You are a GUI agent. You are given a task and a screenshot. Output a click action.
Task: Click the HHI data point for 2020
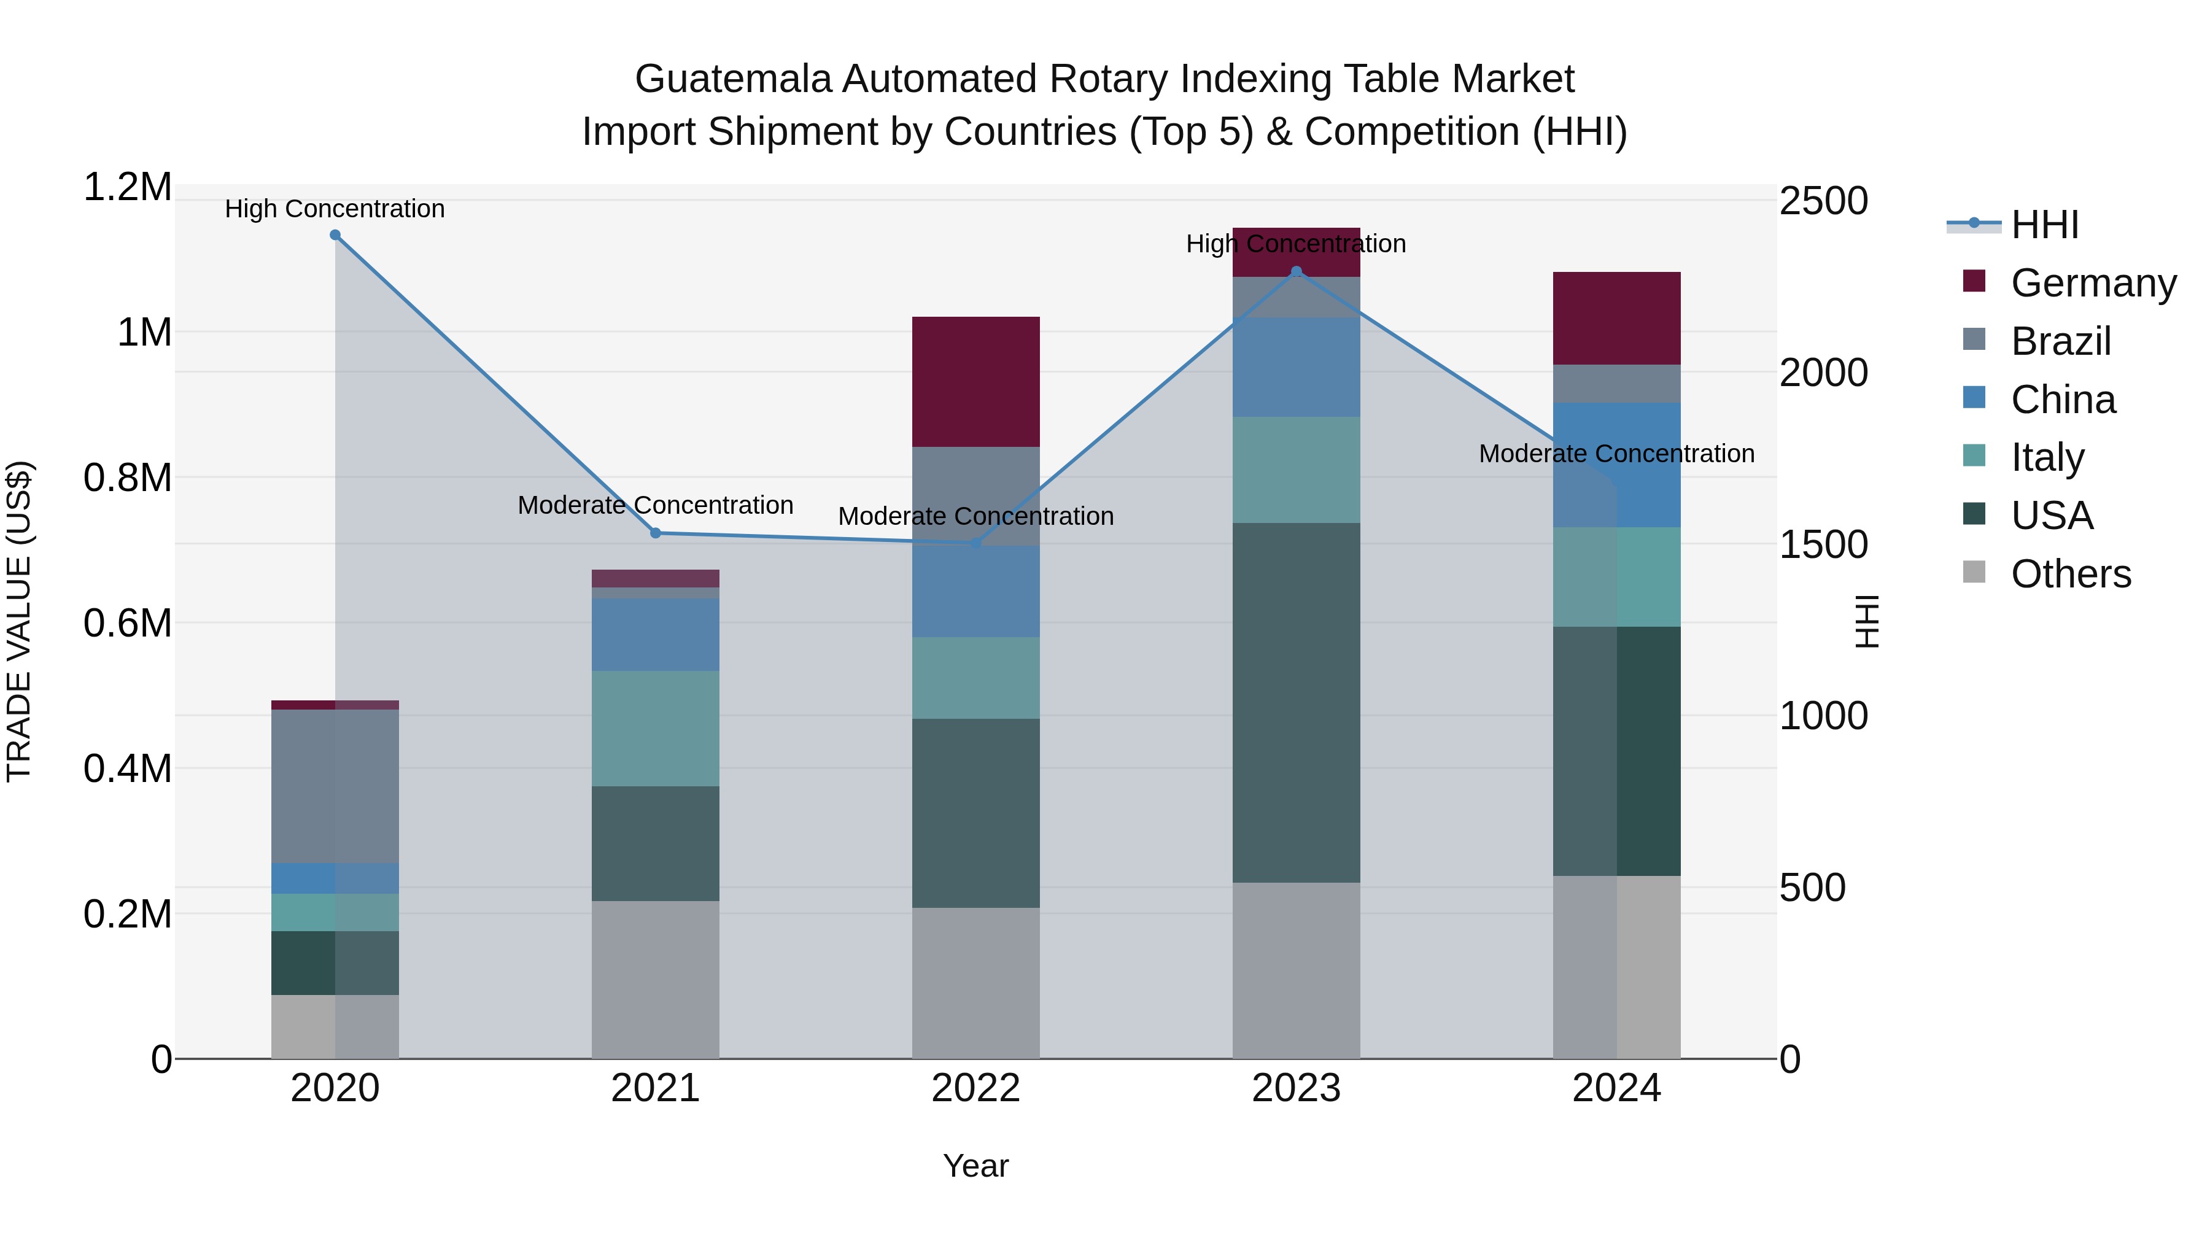coord(335,235)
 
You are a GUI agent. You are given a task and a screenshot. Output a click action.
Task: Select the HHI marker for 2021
coord(656,533)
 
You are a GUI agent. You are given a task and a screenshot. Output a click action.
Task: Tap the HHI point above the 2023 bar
coord(1297,272)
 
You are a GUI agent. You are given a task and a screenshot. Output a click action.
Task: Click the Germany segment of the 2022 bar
coord(975,382)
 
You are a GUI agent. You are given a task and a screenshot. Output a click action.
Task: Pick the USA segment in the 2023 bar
coord(1297,703)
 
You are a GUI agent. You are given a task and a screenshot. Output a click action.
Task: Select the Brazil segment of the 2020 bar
coord(335,786)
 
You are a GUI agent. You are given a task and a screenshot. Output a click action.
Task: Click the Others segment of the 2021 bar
coord(656,979)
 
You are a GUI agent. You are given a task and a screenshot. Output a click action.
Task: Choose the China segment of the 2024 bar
coord(1616,464)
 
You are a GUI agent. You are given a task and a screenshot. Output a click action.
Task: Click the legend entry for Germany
coord(2093,283)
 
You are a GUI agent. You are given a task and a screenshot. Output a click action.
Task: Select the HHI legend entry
coord(2044,225)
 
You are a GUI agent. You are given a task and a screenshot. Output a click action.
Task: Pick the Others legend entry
coord(2070,574)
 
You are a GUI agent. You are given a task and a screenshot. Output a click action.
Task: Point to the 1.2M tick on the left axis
coord(127,187)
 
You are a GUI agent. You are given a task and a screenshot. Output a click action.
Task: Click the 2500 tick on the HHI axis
coord(1823,201)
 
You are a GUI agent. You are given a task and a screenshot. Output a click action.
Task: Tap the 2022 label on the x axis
coord(975,1088)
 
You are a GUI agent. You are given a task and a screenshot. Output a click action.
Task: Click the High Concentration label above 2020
coord(335,209)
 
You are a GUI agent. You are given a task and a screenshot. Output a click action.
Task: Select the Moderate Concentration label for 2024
coord(1616,453)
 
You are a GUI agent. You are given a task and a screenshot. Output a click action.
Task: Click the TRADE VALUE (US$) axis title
coord(19,621)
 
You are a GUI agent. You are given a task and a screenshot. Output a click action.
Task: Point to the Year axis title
coord(975,1166)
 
